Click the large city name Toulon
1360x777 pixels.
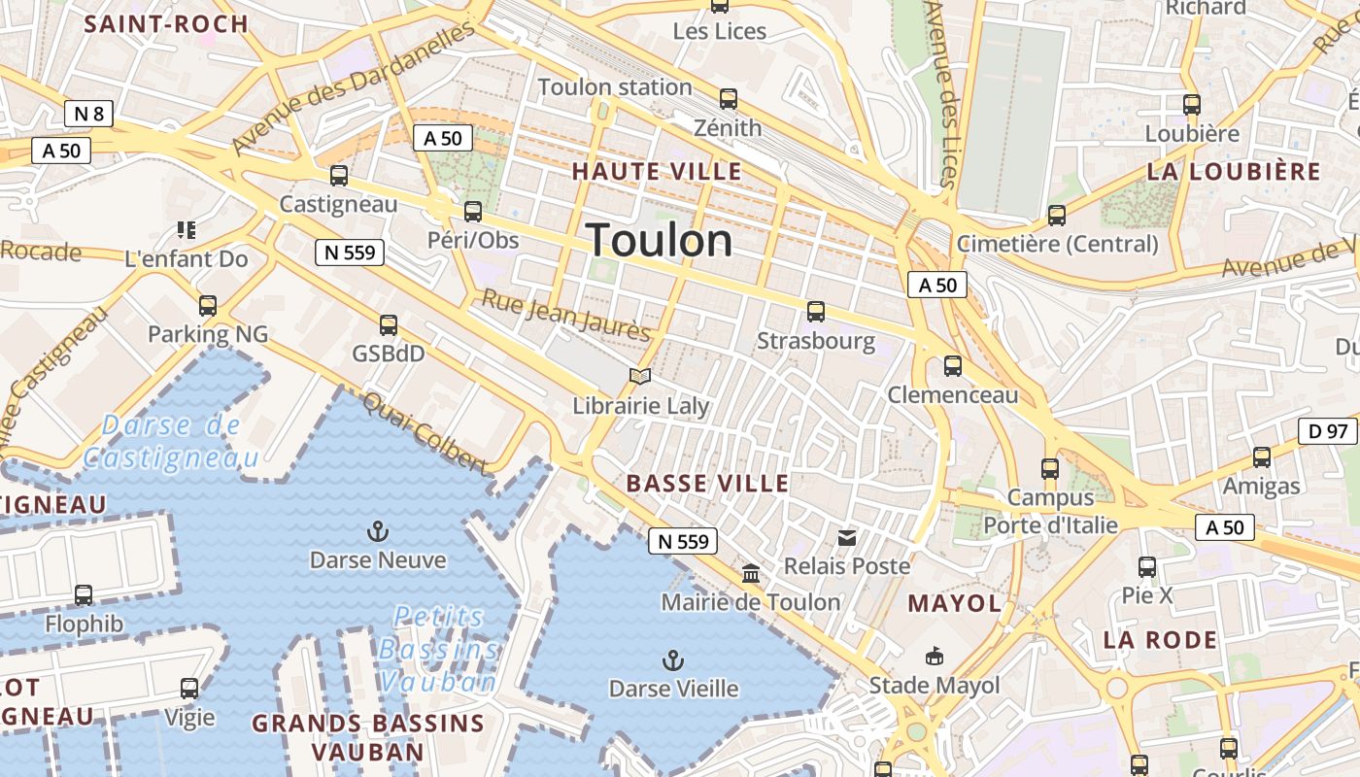coord(660,240)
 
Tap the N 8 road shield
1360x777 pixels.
coord(88,114)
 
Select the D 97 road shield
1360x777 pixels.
coord(1327,430)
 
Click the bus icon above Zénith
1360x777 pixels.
coord(728,98)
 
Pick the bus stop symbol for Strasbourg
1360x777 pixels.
coord(815,312)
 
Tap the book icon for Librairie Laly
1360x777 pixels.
coord(639,376)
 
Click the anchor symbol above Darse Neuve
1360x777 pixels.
coord(377,530)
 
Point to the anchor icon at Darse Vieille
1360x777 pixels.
coord(672,660)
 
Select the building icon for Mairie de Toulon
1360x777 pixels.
coord(751,573)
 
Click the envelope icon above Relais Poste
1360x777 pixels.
coord(847,537)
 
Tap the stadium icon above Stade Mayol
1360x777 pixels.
coord(934,657)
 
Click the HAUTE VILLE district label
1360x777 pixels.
coord(657,172)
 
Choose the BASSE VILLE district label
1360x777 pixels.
coord(707,483)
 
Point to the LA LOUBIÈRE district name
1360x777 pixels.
coord(1234,172)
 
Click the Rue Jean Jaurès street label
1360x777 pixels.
coord(566,316)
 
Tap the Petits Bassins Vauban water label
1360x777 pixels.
coord(439,649)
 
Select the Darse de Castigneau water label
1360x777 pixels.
coord(172,441)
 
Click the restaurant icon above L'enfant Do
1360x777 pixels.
coord(186,230)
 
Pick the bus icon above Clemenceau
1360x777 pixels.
coord(953,366)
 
